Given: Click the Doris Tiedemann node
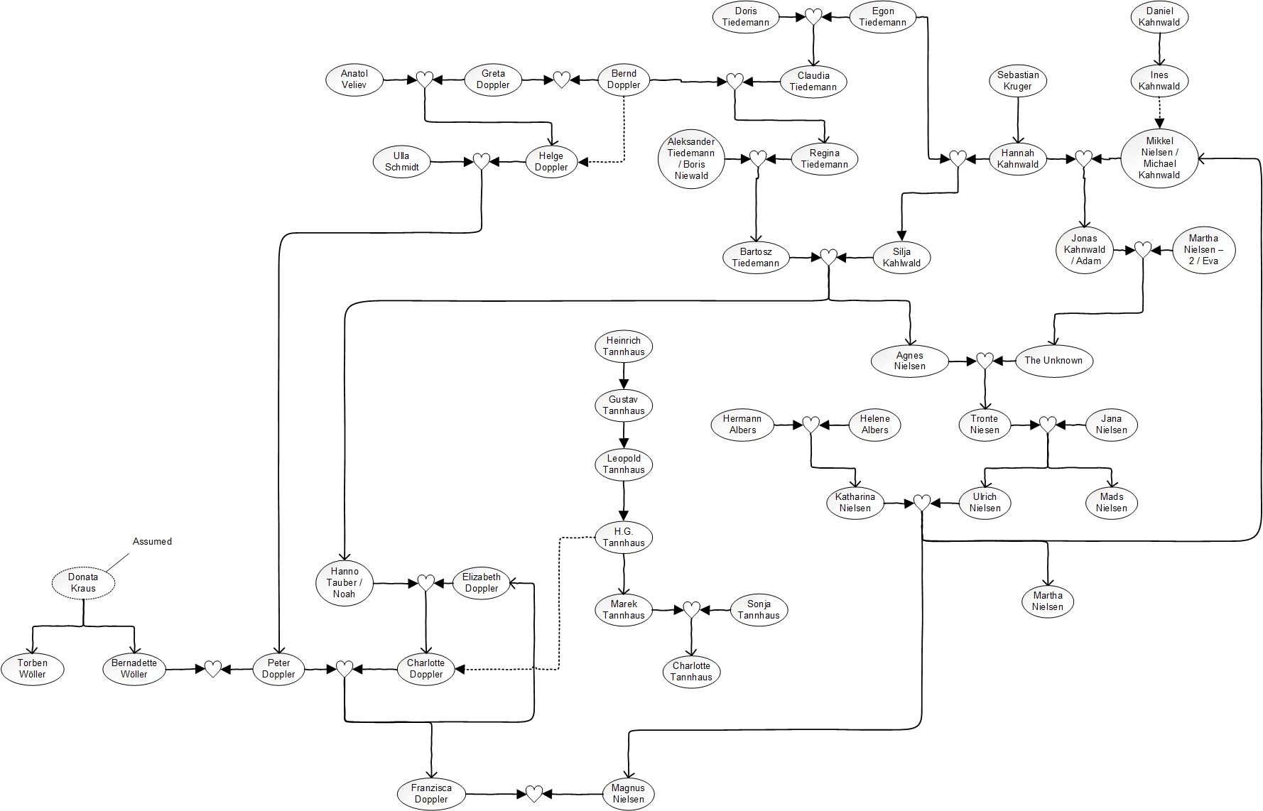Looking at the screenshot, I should click(x=745, y=16).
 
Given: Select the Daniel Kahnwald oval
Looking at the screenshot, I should click(x=1159, y=16).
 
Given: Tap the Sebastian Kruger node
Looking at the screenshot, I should click(x=1017, y=80).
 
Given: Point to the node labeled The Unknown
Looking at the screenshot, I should click(x=1053, y=360).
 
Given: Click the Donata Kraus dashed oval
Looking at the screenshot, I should click(x=83, y=582).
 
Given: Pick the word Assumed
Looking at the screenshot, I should click(x=152, y=541).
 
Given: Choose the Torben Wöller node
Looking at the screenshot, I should click(x=33, y=669).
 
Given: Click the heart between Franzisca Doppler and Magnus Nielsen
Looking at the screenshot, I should click(x=534, y=793).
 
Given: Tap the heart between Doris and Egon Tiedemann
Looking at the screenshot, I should click(x=813, y=17).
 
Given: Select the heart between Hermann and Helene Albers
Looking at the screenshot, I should click(x=811, y=425).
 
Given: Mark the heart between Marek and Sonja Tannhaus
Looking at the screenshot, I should click(x=691, y=609).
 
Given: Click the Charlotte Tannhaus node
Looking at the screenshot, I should click(x=691, y=671).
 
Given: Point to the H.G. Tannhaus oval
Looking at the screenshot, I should click(x=624, y=537).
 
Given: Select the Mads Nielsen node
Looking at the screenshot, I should click(x=1111, y=502).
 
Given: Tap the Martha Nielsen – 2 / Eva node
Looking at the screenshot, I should click(x=1203, y=249).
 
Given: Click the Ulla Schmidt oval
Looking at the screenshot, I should click(x=402, y=162).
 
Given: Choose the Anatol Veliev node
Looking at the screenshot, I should click(x=354, y=80).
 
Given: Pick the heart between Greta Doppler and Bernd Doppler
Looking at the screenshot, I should click(x=561, y=80).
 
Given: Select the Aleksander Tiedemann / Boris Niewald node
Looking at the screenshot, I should click(x=691, y=158).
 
